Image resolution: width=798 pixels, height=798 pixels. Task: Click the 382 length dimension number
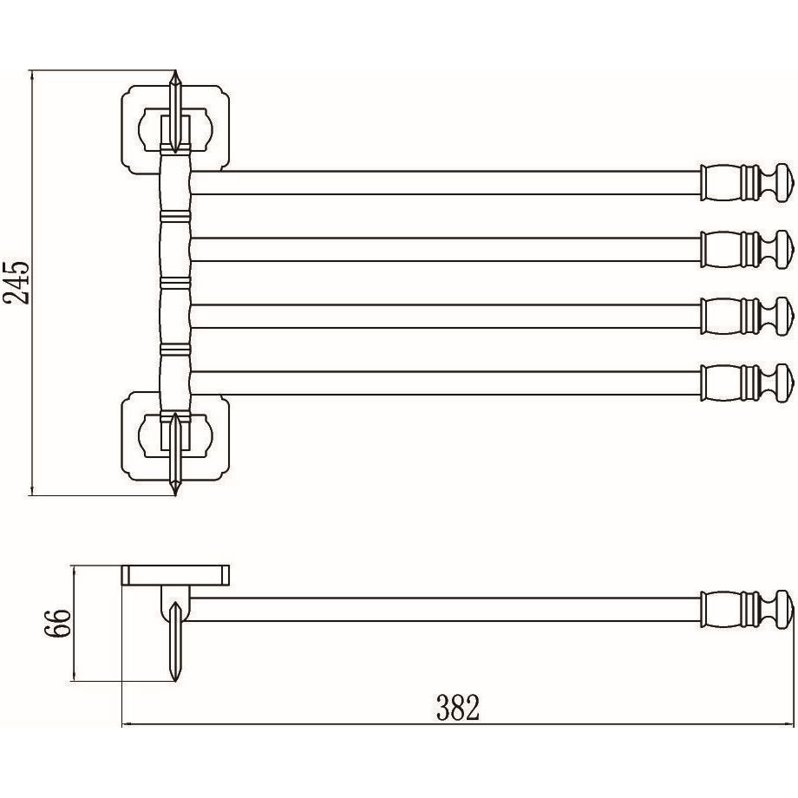coord(458,708)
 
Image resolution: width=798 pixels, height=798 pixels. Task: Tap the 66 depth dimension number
coord(57,623)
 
